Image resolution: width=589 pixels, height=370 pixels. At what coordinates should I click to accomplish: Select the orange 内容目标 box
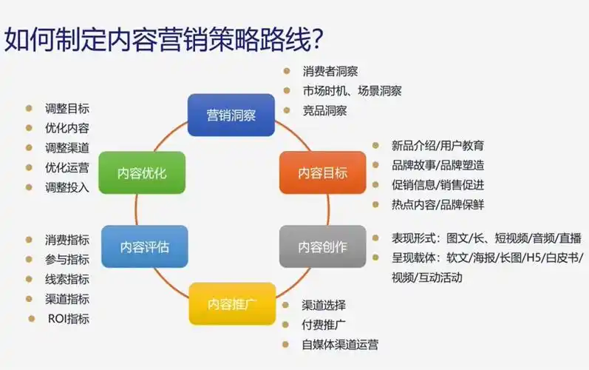[x=322, y=173]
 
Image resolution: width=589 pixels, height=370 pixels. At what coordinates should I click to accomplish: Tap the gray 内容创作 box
[x=322, y=246]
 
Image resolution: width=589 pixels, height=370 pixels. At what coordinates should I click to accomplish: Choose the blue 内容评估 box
[x=144, y=246]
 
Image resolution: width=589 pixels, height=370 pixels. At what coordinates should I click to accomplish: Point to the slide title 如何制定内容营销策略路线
[x=166, y=38]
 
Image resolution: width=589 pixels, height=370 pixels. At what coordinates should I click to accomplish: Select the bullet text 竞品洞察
[x=324, y=111]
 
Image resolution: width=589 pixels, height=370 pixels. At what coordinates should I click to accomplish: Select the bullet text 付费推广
[x=324, y=324]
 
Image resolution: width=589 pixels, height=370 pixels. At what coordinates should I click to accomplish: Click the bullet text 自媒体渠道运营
[x=340, y=344]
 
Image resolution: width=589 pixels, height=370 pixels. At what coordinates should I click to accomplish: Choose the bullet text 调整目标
[x=67, y=108]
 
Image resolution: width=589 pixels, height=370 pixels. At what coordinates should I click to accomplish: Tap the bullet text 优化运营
[x=67, y=167]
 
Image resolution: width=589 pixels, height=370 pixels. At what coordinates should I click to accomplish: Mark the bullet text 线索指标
[x=67, y=279]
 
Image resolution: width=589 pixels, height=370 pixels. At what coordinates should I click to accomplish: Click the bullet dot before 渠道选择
[x=286, y=305]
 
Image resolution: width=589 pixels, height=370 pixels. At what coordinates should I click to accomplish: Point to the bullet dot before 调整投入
[x=29, y=187]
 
